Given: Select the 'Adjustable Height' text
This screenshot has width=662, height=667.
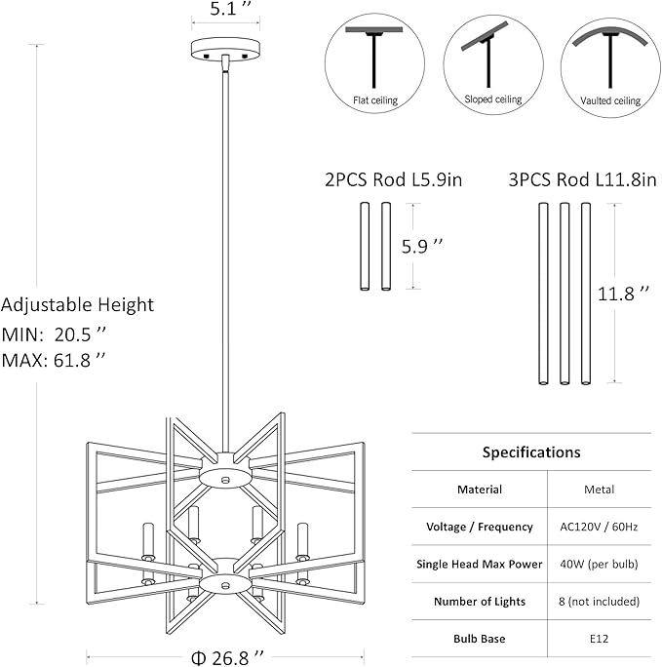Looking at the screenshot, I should (78, 305).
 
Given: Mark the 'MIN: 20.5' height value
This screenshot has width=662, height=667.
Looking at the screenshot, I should (54, 333).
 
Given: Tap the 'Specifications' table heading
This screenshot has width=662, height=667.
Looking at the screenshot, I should (531, 452).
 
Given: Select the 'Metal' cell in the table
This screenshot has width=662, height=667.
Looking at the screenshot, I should (599, 490).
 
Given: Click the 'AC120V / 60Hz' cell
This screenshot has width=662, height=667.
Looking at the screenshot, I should (599, 527).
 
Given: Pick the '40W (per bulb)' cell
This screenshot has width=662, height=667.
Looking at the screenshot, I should (599, 564).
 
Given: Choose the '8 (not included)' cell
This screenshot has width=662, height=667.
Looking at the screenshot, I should (599, 602).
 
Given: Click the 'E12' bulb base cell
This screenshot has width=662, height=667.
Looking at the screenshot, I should (599, 639).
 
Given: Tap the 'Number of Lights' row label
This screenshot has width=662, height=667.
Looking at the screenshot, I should (480, 602).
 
